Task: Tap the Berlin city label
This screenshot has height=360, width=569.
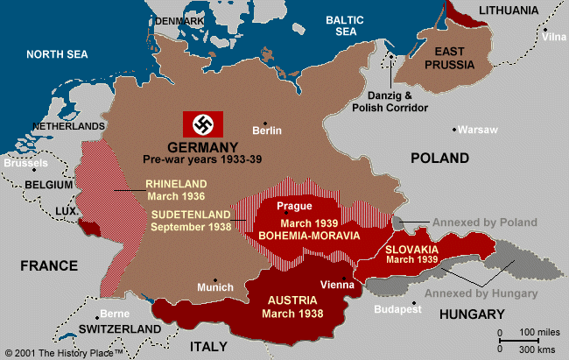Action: [x=267, y=131]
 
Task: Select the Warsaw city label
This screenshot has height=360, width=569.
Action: [x=478, y=130]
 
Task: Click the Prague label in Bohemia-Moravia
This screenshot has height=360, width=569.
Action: [x=294, y=207]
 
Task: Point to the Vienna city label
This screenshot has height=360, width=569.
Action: [x=338, y=285]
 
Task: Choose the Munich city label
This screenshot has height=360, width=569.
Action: [x=215, y=287]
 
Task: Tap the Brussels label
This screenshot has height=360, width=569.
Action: [x=25, y=163]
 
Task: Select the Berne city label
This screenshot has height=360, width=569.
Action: [x=114, y=314]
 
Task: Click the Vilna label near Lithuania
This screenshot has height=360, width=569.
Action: [x=553, y=37]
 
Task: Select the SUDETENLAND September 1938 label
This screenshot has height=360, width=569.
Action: [x=191, y=220]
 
